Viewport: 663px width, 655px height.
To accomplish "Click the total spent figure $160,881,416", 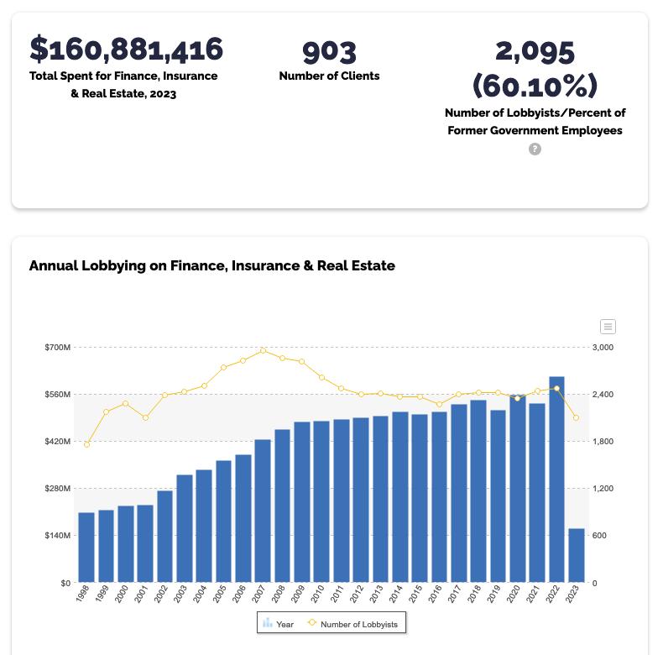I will pyautogui.click(x=127, y=49).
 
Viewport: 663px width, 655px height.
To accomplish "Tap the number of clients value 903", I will pyautogui.click(x=329, y=51).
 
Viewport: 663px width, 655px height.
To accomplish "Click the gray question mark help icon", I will pyautogui.click(x=535, y=149).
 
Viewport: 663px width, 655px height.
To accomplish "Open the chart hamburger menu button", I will pyautogui.click(x=608, y=327).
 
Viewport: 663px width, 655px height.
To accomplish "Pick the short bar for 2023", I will pyautogui.click(x=576, y=555).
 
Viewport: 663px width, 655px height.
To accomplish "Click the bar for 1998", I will pyautogui.click(x=86, y=547).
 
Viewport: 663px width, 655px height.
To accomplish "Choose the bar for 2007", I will pyautogui.click(x=263, y=511).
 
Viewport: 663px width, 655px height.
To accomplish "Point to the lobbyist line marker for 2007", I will pyautogui.click(x=263, y=350).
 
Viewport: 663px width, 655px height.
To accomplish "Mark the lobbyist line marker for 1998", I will pyautogui.click(x=86, y=444).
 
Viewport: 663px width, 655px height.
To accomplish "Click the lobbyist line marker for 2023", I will pyautogui.click(x=576, y=418).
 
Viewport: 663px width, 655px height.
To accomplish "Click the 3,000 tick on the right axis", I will pyautogui.click(x=603, y=348).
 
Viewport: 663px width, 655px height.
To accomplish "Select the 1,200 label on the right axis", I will pyautogui.click(x=603, y=489).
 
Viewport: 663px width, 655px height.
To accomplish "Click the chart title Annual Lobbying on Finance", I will pyautogui.click(x=211, y=265).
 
